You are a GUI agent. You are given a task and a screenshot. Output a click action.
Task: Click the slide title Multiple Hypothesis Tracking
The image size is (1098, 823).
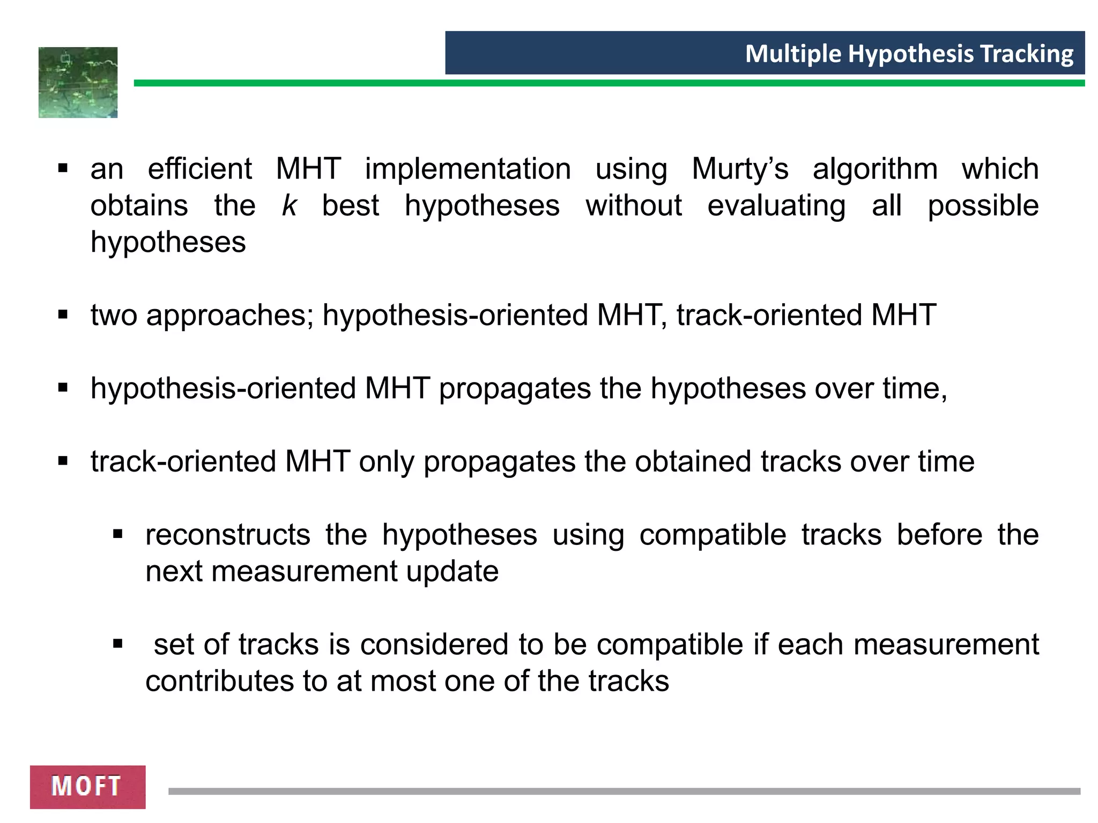point(909,54)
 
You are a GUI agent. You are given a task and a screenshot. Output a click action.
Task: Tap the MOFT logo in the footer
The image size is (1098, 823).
point(87,787)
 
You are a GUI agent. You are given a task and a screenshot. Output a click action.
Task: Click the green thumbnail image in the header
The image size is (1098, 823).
point(78,83)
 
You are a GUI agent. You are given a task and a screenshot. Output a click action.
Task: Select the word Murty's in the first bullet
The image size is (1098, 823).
point(740,169)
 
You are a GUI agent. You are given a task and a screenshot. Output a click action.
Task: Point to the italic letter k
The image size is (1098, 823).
point(289,206)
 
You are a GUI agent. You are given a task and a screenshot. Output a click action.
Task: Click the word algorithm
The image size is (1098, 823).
point(875,169)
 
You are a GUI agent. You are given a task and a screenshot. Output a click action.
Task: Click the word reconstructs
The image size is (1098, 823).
point(228,535)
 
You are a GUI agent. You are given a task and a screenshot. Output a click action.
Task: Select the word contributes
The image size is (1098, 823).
point(219,681)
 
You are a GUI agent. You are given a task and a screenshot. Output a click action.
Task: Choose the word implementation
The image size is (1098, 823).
point(468,169)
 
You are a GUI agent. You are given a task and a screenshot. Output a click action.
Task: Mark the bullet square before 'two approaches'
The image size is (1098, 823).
point(63,314)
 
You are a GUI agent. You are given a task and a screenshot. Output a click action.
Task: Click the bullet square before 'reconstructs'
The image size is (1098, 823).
point(118,534)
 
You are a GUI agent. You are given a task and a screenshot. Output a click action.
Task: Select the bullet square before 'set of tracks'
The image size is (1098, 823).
point(118,644)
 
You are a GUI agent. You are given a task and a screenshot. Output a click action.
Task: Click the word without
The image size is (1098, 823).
point(633,206)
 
